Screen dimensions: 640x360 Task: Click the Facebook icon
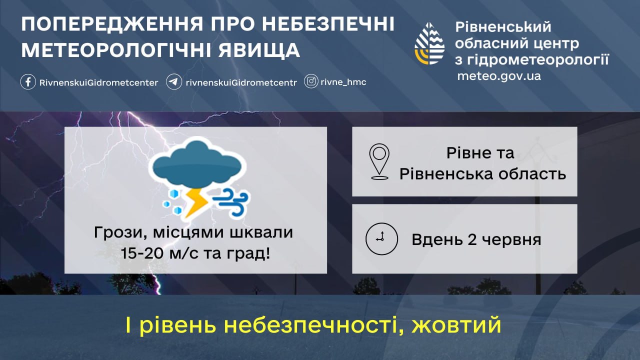pyautogui.click(x=28, y=82)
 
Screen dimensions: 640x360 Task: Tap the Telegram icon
pyautogui.click(x=174, y=82)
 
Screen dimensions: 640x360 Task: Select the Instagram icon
pyautogui.click(x=311, y=81)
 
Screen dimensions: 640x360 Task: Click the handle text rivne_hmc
pyautogui.click(x=343, y=82)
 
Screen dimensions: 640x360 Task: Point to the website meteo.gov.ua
pyautogui.click(x=499, y=76)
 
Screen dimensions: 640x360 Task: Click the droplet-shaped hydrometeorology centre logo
pyautogui.click(x=429, y=43)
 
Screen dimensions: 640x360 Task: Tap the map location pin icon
pyautogui.click(x=379, y=161)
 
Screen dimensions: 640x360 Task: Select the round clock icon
pyautogui.click(x=381, y=239)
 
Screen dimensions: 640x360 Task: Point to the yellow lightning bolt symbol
pyautogui.click(x=196, y=203)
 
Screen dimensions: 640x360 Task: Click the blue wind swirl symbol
pyautogui.click(x=231, y=201)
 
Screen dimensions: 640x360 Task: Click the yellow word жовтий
pyautogui.click(x=456, y=325)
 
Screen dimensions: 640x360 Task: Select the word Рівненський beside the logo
pyautogui.click(x=503, y=27)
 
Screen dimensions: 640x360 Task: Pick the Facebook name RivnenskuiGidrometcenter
pyautogui.click(x=98, y=83)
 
